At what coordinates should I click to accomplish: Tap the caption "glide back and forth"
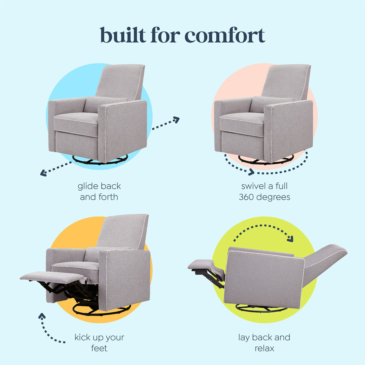[99, 191]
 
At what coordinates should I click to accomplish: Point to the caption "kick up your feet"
[99, 343]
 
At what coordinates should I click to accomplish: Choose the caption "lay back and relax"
[264, 343]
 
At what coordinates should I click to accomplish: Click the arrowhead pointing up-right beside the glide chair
[176, 120]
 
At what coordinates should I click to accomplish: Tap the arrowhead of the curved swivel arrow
[251, 172]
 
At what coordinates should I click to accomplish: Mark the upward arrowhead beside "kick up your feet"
[42, 316]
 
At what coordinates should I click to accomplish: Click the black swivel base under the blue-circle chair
[100, 161]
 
